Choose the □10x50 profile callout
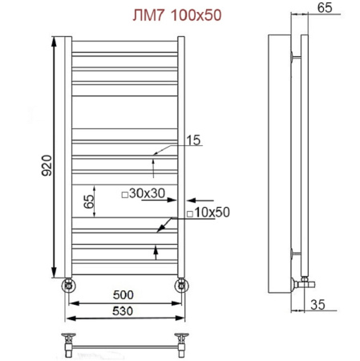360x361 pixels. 208,213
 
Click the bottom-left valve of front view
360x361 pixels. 69,284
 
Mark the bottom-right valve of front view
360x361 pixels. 183,284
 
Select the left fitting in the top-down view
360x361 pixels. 70,341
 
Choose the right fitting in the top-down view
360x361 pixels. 183,341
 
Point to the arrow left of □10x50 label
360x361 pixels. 167,225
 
